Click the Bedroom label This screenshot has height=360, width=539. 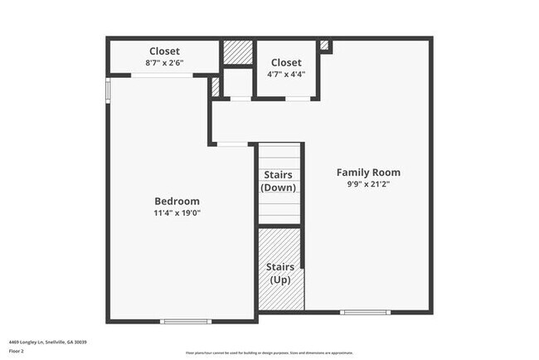click(177, 201)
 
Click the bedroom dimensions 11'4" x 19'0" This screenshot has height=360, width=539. click(177, 213)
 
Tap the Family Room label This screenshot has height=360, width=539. click(368, 173)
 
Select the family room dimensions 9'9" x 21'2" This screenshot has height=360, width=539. click(368, 184)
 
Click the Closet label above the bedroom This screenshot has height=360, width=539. click(165, 50)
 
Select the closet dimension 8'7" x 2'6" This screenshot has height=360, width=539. click(165, 62)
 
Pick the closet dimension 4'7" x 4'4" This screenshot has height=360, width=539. click(286, 74)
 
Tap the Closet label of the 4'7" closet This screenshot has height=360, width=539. click(286, 62)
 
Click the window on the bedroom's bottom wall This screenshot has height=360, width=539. click(186, 321)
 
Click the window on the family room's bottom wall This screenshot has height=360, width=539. click(366, 312)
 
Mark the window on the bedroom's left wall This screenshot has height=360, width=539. click(107, 90)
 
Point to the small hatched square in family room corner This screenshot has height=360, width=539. click(324, 45)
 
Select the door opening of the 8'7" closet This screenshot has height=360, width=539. click(163, 75)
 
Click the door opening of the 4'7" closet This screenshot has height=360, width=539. click(298, 99)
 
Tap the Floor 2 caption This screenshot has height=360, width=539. click(17, 350)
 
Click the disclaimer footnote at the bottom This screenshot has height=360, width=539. click(269, 353)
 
